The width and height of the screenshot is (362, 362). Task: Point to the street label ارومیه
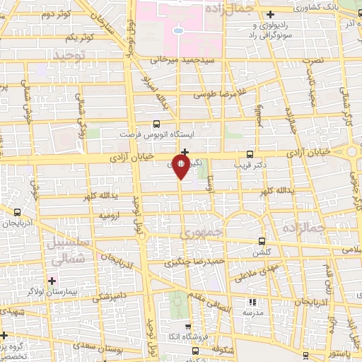pos(112,214)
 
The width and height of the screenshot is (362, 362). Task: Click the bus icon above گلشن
pos(262,241)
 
